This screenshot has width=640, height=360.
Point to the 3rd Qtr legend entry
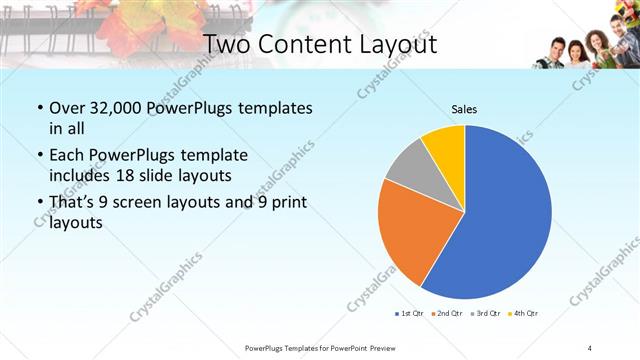click(486, 314)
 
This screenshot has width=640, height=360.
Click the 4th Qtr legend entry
click(524, 314)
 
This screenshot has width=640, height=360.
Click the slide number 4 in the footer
click(590, 347)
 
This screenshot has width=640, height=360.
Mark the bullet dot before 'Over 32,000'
click(38, 108)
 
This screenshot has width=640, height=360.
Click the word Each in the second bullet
click(67, 156)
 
